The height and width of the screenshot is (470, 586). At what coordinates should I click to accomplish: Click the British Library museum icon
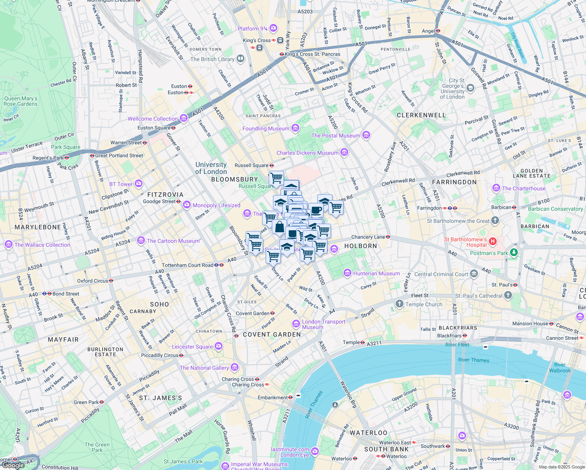click(241, 59)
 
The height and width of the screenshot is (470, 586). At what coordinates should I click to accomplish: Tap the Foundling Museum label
click(266, 128)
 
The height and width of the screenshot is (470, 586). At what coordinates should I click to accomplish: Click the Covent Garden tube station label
click(253, 313)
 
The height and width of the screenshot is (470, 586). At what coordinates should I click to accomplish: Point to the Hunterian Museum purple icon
click(347, 273)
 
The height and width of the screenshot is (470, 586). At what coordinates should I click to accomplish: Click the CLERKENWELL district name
click(421, 115)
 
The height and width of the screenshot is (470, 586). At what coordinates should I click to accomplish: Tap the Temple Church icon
click(399, 304)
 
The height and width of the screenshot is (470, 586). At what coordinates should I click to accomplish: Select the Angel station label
click(428, 31)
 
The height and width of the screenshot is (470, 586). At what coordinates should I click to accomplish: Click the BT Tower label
click(121, 184)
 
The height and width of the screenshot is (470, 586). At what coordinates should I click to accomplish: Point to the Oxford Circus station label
click(92, 281)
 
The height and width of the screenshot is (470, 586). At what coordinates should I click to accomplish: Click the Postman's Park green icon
click(514, 253)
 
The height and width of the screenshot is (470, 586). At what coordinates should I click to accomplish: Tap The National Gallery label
click(204, 368)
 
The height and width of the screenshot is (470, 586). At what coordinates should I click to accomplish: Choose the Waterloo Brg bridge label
click(348, 394)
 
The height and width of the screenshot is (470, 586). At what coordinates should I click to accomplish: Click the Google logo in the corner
click(13, 465)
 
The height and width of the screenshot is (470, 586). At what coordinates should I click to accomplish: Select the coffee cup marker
click(316, 210)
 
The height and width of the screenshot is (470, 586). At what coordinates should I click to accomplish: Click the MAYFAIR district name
click(63, 340)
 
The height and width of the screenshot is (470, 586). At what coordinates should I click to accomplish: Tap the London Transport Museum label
click(323, 324)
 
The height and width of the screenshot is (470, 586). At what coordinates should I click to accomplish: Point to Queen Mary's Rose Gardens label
click(20, 101)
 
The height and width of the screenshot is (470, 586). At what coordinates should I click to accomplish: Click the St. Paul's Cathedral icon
click(508, 295)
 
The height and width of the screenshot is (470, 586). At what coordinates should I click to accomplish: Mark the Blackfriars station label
click(449, 336)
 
